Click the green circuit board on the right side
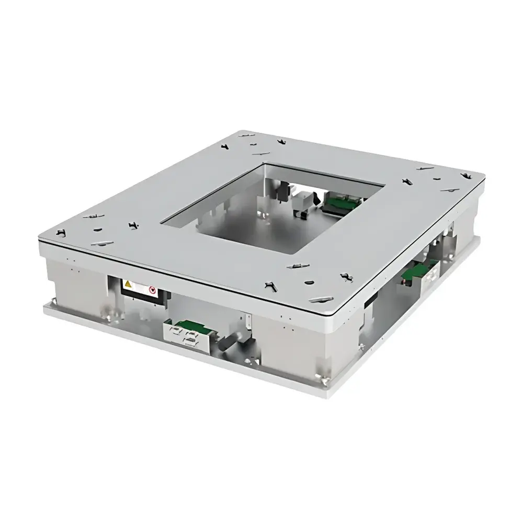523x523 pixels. pos(416,271)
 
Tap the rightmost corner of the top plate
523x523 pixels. pos(483,175)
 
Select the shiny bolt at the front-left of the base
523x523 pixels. pos(110,315)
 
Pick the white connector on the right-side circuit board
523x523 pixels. pos(430,274)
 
